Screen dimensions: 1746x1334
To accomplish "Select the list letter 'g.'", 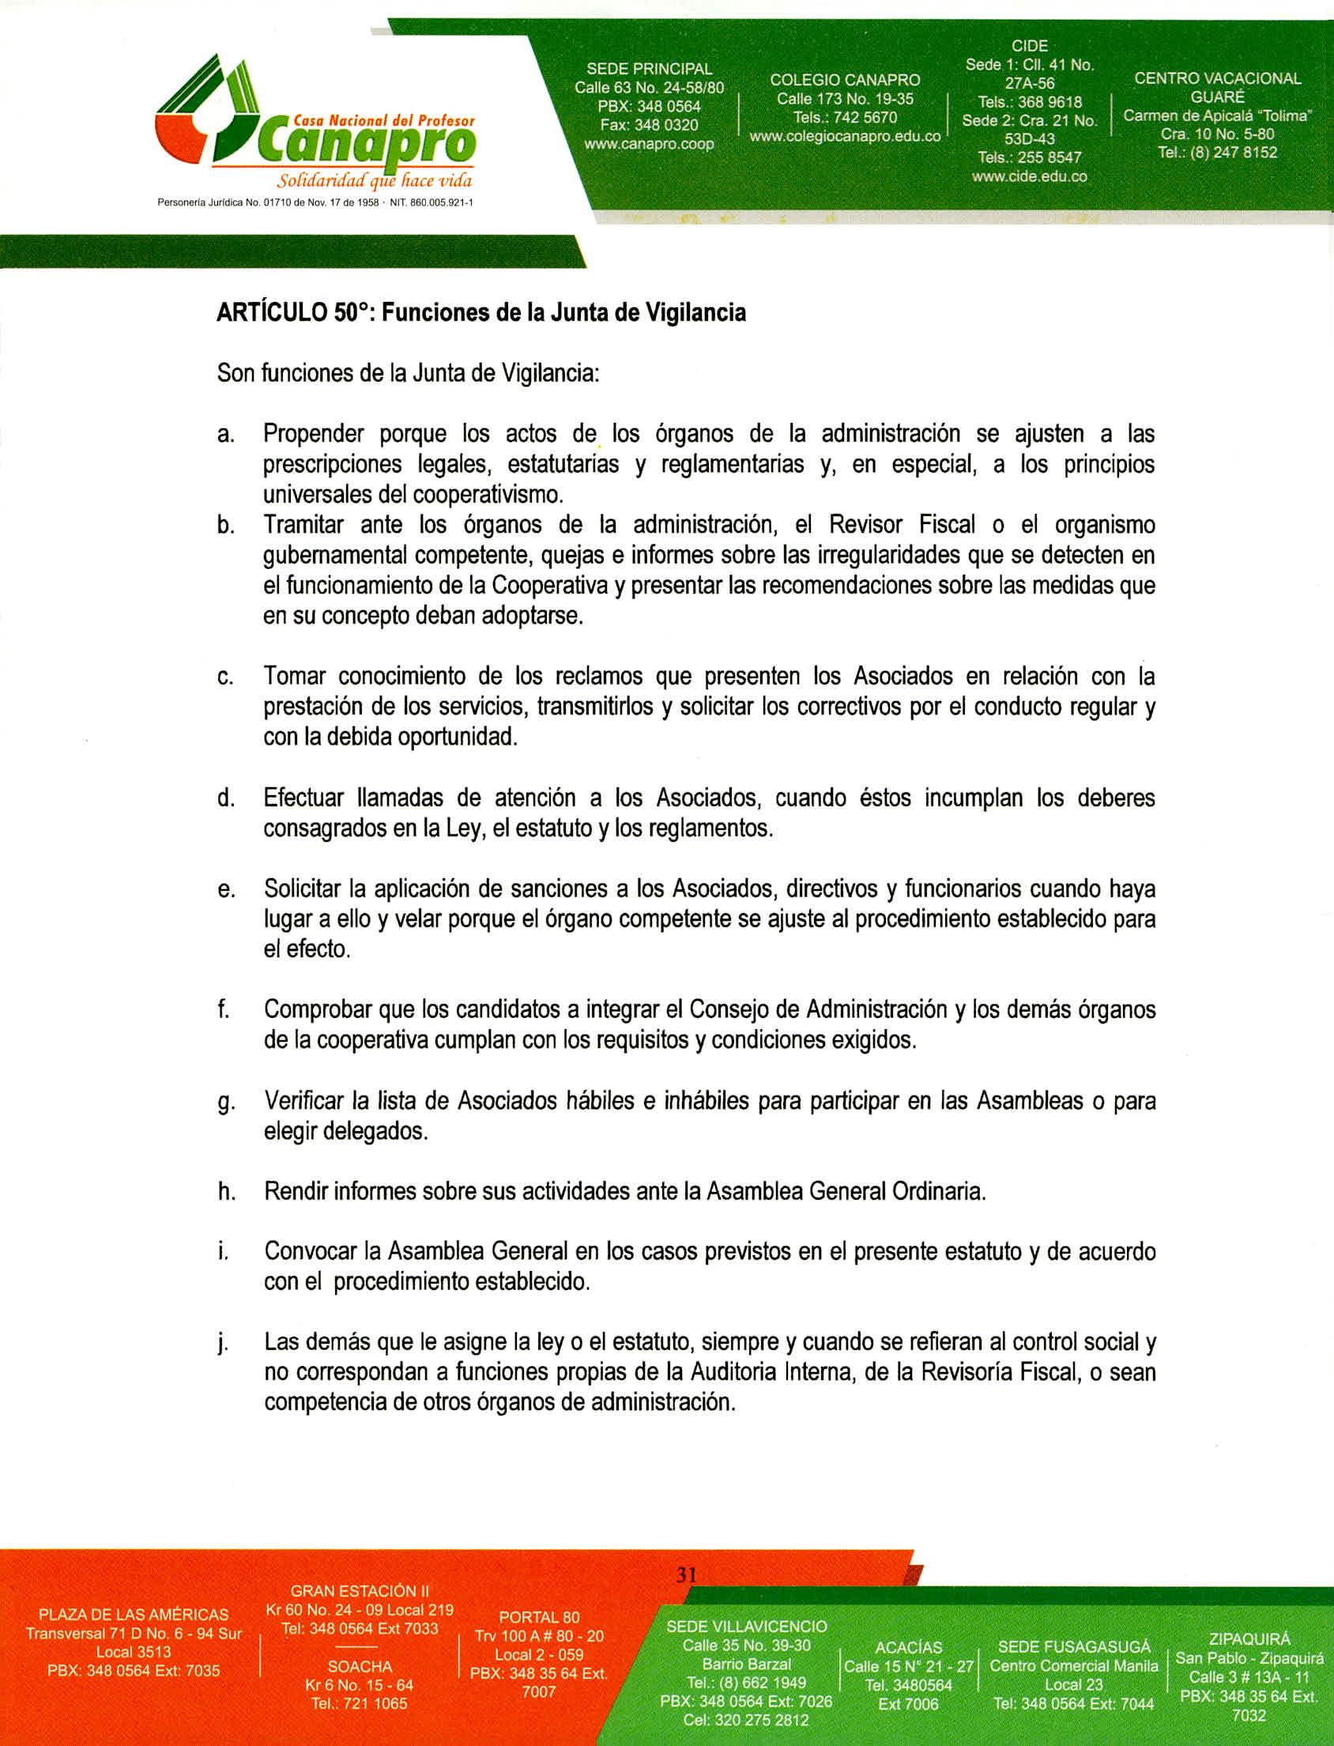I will point(226,1103).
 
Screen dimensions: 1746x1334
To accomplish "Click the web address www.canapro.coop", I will point(649,145).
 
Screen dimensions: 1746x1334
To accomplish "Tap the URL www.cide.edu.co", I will point(1029,176).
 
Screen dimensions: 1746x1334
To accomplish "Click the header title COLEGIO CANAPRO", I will point(844,80).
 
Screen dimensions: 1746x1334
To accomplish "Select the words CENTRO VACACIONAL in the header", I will point(1217,78).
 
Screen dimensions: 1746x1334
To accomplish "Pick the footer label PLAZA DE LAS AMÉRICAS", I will point(134,1614).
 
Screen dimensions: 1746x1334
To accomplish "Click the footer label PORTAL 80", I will point(539,1616).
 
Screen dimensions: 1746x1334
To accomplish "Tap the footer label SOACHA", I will point(359,1666).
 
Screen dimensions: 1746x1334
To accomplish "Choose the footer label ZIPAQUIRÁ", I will point(1249,1638).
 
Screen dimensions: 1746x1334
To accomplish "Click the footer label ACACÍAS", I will point(908,1647).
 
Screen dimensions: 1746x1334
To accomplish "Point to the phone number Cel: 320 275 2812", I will point(745,1720).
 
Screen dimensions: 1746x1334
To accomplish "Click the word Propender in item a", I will point(314,434).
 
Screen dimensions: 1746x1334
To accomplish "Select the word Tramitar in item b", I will point(303,526).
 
